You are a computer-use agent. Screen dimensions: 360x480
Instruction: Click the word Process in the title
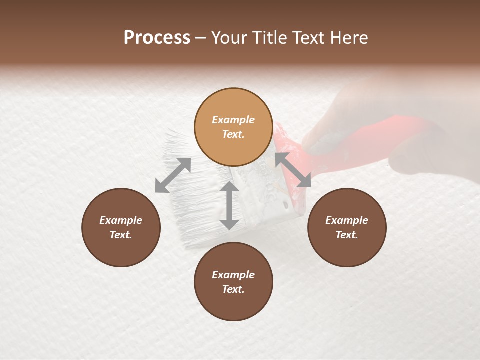[x=157, y=38]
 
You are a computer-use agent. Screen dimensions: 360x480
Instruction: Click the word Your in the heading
[x=229, y=38]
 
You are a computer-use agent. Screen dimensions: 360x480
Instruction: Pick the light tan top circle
[x=233, y=127]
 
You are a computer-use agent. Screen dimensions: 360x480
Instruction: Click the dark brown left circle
[x=121, y=227]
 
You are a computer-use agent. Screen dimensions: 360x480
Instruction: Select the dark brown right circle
[x=347, y=227]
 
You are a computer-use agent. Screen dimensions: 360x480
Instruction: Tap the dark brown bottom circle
[x=233, y=282]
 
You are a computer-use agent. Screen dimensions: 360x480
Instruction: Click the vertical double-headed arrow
[x=229, y=206]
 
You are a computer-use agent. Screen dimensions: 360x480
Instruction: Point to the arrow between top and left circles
[x=173, y=175]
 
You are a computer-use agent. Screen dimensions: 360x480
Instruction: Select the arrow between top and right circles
[x=293, y=169]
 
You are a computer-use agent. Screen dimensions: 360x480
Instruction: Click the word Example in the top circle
[x=233, y=120]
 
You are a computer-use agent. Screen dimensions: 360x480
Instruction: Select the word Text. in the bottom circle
[x=233, y=289]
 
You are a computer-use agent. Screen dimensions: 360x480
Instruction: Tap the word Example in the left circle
[x=121, y=220]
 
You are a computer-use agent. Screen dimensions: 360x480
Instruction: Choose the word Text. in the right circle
[x=347, y=235]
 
